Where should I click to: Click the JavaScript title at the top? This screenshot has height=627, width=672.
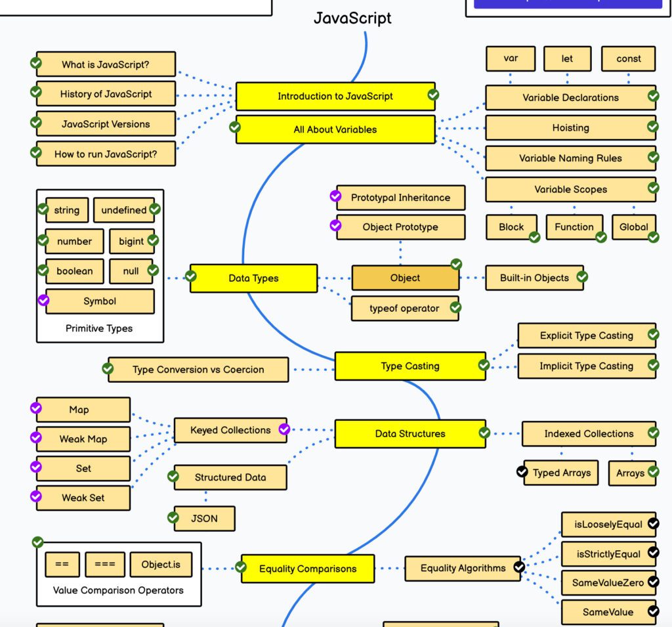(x=352, y=18)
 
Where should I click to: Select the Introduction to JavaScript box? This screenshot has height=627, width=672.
(x=335, y=97)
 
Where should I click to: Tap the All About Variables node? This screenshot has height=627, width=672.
(x=335, y=129)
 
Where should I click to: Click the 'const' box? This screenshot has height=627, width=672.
(x=628, y=58)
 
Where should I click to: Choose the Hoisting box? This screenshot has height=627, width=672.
(x=570, y=128)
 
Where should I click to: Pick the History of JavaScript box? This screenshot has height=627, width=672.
(x=106, y=94)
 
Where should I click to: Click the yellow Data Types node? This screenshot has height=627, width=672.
(x=253, y=278)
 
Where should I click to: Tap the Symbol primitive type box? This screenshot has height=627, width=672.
(x=100, y=301)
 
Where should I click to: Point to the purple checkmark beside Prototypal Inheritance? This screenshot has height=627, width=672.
(x=335, y=196)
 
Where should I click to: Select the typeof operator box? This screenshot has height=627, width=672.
(x=404, y=308)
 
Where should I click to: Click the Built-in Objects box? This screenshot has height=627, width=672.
(x=534, y=278)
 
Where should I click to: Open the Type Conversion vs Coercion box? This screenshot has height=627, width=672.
(x=198, y=370)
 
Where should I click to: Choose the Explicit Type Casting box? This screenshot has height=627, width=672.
(x=586, y=335)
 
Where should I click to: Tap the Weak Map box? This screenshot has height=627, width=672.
(x=83, y=439)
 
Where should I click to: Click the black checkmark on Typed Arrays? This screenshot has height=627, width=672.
(x=522, y=471)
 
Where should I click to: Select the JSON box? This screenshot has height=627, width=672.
(x=204, y=518)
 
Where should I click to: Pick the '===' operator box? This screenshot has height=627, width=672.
(x=104, y=565)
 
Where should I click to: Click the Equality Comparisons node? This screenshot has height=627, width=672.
(x=308, y=569)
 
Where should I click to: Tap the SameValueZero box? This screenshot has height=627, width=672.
(x=608, y=582)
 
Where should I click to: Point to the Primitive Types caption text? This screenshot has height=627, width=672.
(x=99, y=328)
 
